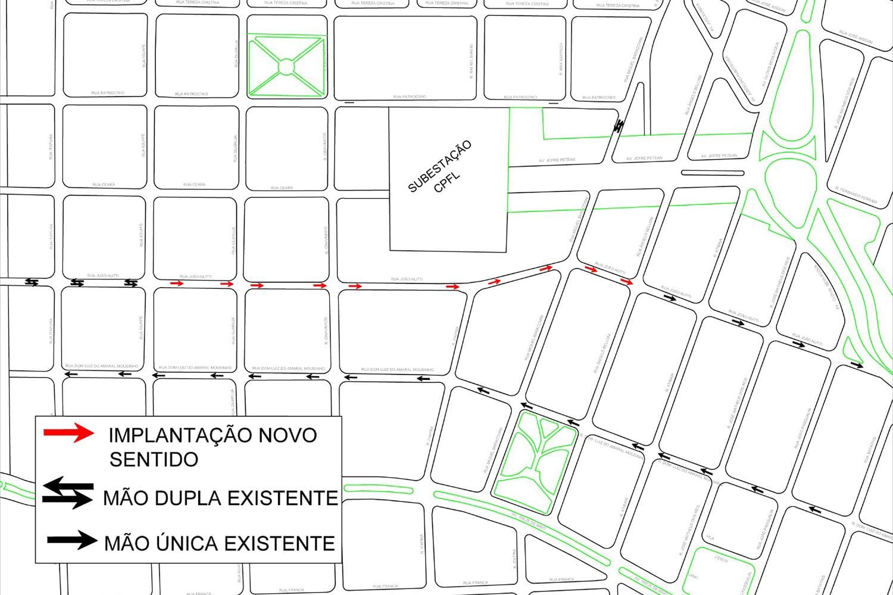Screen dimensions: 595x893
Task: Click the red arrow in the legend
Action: pos(68,434)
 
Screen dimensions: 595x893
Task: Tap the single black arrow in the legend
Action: pos(71,541)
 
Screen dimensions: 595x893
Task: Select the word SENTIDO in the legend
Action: pos(154,459)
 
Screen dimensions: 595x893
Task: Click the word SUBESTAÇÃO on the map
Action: pos(439,166)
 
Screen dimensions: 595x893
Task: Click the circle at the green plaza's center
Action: pos(286,66)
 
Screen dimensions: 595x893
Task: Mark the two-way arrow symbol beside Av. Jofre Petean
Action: pos(619,125)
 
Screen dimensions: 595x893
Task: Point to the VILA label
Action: pos(710,537)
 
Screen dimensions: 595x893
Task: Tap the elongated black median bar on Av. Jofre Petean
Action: pos(713,173)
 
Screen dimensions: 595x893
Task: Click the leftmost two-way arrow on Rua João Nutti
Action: pos(32,282)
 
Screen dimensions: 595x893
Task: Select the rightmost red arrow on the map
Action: pos(626,281)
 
